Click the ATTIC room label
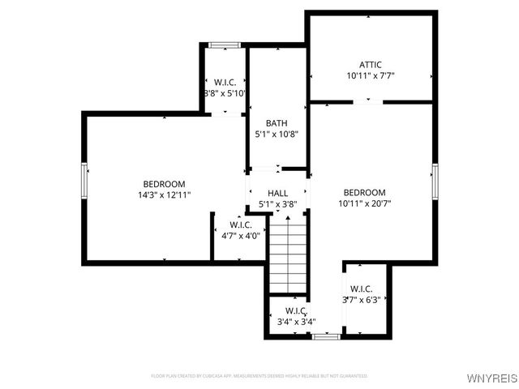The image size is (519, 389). (x=370, y=65)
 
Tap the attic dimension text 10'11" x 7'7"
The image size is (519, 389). (x=370, y=76)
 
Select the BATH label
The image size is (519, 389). (x=277, y=123)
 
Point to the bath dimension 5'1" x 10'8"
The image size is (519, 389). (x=277, y=135)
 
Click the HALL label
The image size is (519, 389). (x=277, y=193)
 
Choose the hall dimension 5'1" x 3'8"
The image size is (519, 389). (x=277, y=204)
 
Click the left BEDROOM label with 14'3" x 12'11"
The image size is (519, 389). (x=164, y=184)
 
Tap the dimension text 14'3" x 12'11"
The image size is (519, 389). (x=164, y=195)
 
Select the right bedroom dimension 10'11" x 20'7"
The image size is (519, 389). (x=364, y=203)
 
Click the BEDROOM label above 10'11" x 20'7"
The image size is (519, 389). (x=364, y=192)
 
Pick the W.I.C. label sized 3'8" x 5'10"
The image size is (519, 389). (x=225, y=82)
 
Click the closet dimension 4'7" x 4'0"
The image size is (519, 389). (x=241, y=236)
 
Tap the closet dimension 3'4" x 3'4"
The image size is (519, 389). (x=295, y=322)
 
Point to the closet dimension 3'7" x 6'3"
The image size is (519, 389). (x=361, y=300)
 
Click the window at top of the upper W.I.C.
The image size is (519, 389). (x=223, y=45)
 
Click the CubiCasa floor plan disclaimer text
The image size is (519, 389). (x=259, y=376)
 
